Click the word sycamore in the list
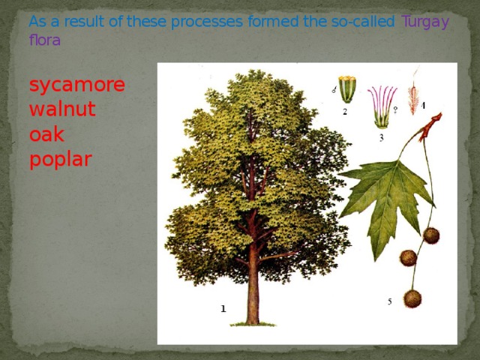point(76,85)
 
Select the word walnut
point(62,109)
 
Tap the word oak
point(46,134)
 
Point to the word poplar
point(60,159)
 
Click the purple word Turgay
point(425,21)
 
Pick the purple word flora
point(44,40)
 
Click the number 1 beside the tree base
point(223,308)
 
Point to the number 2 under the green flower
point(344,112)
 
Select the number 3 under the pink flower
point(381,137)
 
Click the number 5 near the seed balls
point(389,301)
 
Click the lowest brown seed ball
point(412,298)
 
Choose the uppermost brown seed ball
point(430,235)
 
